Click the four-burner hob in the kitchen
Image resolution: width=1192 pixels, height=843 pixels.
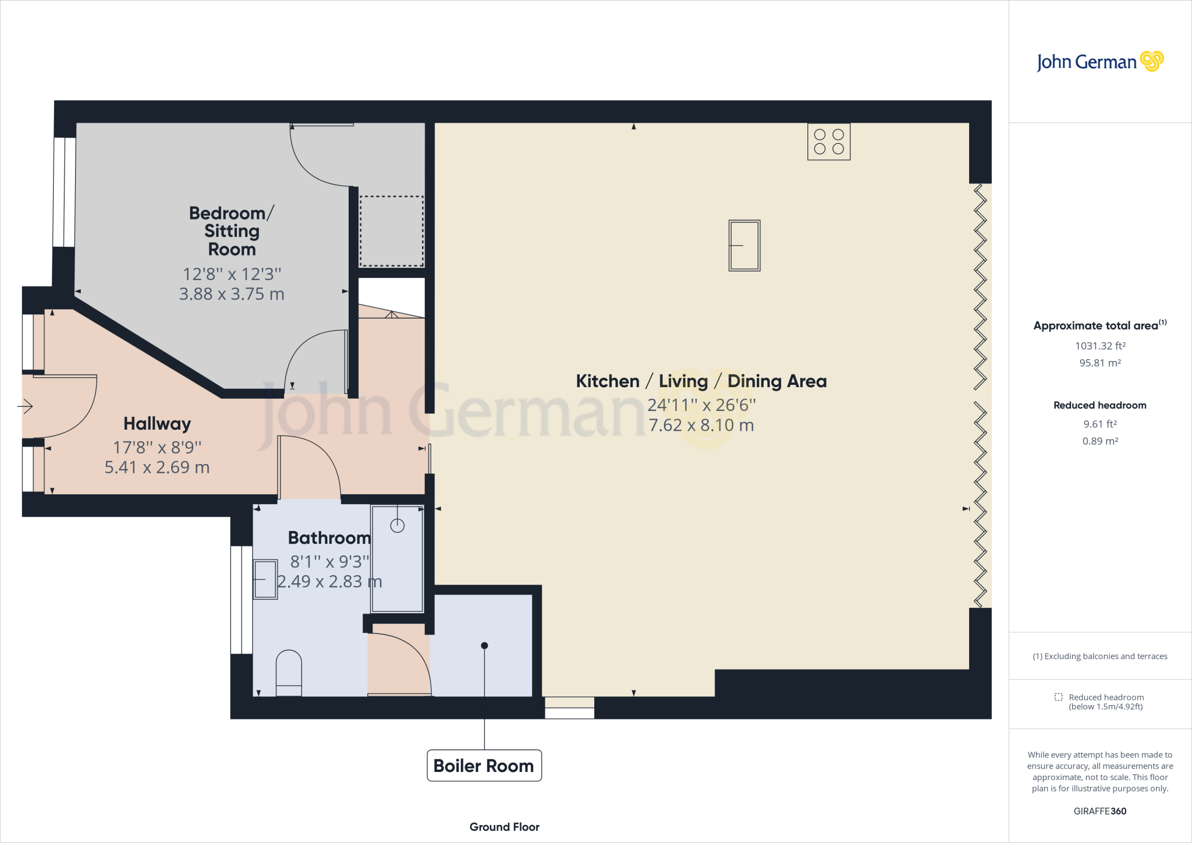click(x=829, y=141)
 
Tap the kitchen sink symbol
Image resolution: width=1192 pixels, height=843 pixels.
click(x=744, y=245)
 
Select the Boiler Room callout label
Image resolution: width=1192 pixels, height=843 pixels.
click(x=484, y=766)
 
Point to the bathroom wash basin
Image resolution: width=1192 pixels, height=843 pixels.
click(x=265, y=579)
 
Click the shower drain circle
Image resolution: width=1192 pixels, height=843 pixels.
click(x=398, y=526)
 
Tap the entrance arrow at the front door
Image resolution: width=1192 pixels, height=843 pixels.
click(x=25, y=406)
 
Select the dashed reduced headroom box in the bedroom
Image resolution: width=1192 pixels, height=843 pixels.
click(x=391, y=231)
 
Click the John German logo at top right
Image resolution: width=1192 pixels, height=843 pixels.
click(x=1099, y=62)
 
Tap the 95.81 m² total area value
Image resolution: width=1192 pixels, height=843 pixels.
click(x=1099, y=363)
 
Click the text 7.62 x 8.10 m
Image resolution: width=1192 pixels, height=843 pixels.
click(x=701, y=426)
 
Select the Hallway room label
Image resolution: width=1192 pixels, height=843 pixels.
click(x=157, y=424)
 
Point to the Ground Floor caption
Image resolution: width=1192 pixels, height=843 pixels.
click(x=504, y=827)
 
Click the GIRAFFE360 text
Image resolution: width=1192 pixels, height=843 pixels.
click(x=1099, y=811)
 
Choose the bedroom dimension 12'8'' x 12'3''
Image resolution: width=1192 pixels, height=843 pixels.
click(x=232, y=274)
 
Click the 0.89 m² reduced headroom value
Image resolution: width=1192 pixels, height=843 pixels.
click(x=1099, y=441)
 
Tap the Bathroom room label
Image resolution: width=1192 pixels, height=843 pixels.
click(x=329, y=538)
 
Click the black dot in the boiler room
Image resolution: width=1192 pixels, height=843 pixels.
click(x=484, y=646)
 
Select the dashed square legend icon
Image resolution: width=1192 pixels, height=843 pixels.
click(x=1058, y=697)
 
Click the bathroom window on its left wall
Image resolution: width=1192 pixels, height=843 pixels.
click(x=241, y=600)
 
